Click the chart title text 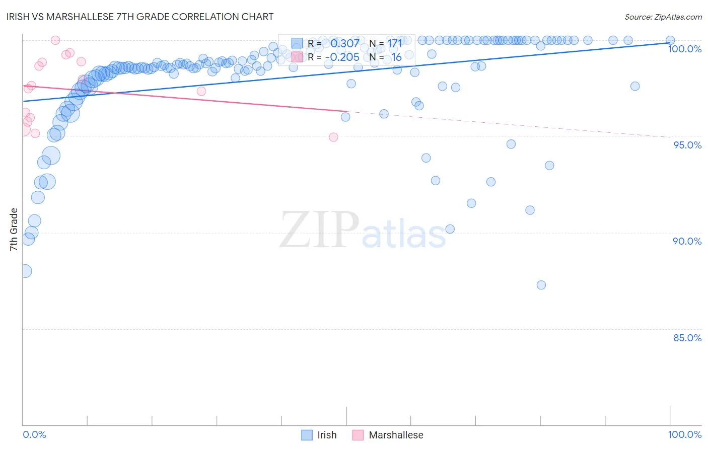(x=140, y=17)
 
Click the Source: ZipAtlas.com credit (x=663, y=17)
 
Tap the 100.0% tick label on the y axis (x=684, y=49)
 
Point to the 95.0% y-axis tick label (x=687, y=145)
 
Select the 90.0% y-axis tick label (x=687, y=241)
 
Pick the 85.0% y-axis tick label (x=687, y=338)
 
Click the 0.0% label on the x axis (x=34, y=434)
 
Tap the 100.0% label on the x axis (x=684, y=434)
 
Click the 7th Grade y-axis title (x=14, y=230)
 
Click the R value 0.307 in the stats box (x=345, y=44)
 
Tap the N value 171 (x=395, y=44)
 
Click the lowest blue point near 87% (x=541, y=285)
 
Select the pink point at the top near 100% (x=55, y=40)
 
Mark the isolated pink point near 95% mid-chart (x=333, y=137)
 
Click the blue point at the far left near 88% (x=24, y=271)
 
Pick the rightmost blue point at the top (x=670, y=40)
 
